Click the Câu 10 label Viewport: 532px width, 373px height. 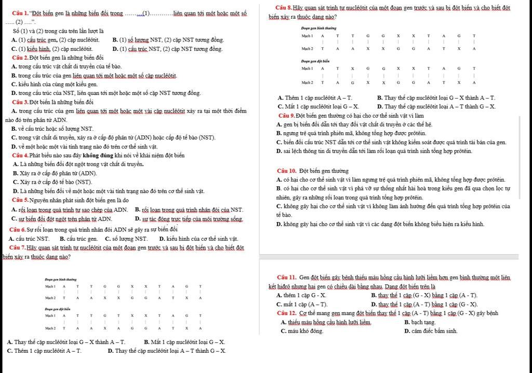(287, 171)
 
